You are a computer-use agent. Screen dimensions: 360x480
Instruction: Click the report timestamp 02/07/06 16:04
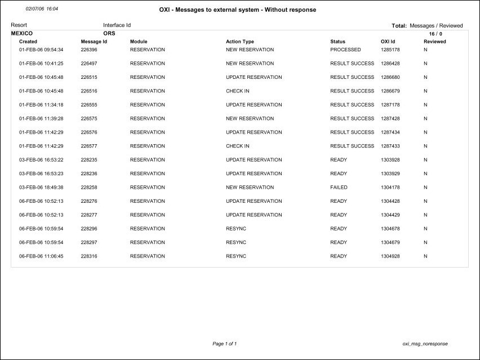(42, 10)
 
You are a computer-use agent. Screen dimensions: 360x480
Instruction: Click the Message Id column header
(94, 42)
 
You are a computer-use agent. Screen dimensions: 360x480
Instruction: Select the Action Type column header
(240, 42)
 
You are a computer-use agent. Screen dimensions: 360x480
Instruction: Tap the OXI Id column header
(388, 42)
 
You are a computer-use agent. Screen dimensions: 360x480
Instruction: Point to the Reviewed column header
(434, 42)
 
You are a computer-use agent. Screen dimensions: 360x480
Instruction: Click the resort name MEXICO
(22, 34)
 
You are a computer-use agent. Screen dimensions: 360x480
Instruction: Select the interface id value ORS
(109, 34)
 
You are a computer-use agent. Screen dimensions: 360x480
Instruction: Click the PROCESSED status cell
(345, 50)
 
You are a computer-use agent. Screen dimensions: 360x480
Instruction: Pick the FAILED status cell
(339, 188)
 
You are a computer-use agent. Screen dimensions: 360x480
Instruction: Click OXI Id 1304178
(390, 188)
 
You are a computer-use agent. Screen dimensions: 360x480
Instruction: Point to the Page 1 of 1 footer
(224, 344)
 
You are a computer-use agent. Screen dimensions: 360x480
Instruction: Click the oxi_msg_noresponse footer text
(425, 344)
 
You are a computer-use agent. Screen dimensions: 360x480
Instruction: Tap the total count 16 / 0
(435, 34)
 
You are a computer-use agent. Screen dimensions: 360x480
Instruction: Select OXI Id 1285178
(390, 50)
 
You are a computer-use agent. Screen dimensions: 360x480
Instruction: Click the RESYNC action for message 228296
(236, 229)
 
